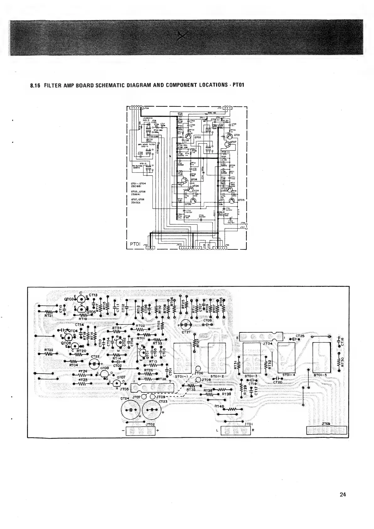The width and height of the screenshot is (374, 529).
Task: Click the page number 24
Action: point(343,494)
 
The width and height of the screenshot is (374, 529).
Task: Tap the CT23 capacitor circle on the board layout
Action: point(152,411)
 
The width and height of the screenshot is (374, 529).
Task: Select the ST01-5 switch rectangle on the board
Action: point(322,357)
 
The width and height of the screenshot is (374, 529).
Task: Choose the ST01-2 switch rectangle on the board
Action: point(217,357)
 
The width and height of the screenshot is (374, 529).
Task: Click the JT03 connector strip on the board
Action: point(327,430)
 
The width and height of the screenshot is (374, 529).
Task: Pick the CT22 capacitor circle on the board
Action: point(94,364)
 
